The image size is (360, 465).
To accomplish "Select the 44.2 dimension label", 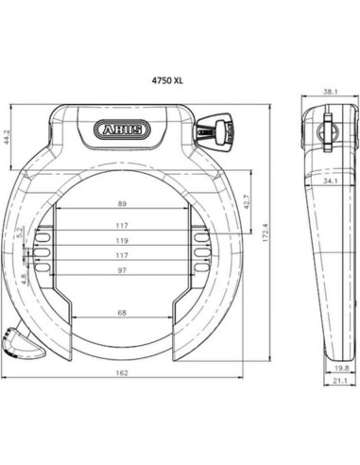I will pyautogui.click(x=9, y=140).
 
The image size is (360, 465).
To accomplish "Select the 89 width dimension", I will pyautogui.click(x=122, y=203).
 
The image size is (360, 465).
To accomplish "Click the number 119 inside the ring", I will pyautogui.click(x=122, y=242).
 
